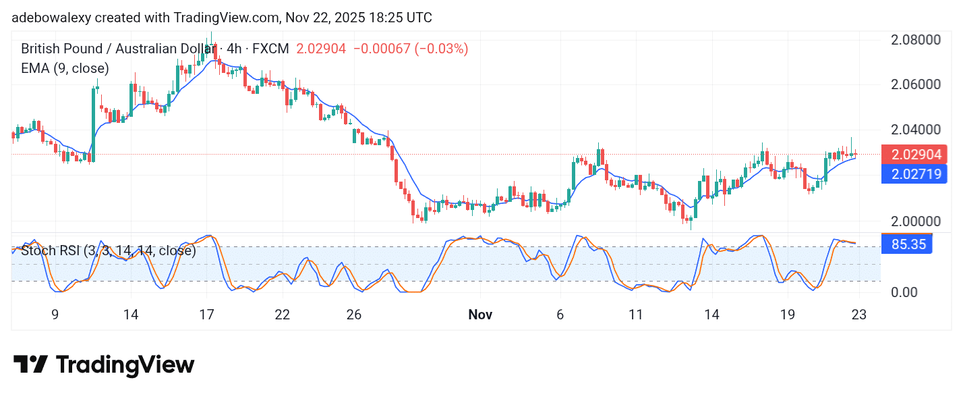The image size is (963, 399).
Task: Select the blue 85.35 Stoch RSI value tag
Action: (906, 244)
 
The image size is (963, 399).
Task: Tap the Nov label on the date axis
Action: (480, 315)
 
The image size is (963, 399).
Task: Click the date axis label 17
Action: (206, 315)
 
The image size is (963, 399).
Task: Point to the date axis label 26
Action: (354, 315)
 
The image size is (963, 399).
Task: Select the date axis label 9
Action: (55, 315)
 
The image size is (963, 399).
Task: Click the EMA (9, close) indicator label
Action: (65, 68)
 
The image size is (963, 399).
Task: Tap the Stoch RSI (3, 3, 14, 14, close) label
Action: (109, 251)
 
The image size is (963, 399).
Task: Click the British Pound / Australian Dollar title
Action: (115, 49)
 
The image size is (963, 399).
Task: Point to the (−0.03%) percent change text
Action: (441, 49)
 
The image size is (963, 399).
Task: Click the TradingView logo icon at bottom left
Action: (30, 365)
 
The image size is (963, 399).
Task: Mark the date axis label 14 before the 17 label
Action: (131, 315)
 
